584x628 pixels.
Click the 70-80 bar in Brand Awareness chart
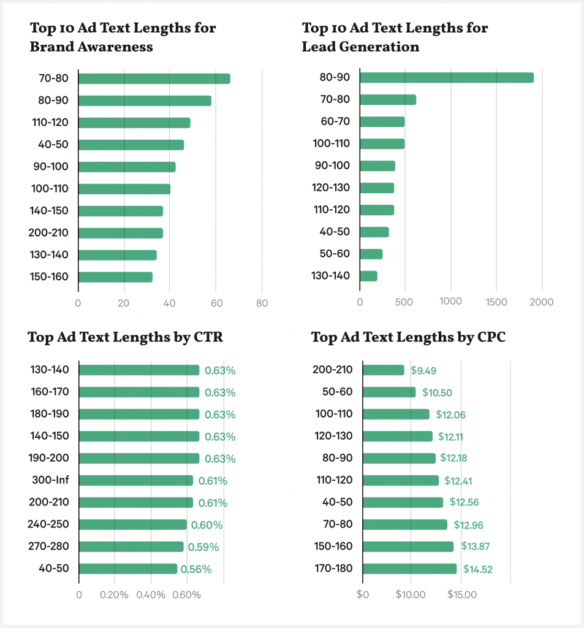[154, 78]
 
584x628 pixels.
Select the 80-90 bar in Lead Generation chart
[446, 78]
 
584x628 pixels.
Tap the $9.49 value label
[423, 370]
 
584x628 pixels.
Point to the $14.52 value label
[477, 569]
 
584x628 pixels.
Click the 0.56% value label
[195, 569]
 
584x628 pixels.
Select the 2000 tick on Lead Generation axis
[541, 302]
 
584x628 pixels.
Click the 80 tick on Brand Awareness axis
[262, 302]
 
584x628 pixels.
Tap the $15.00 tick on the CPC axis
[462, 594]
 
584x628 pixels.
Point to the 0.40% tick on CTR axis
[151, 594]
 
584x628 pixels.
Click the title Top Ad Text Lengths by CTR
[125, 337]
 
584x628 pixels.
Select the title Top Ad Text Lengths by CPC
[408, 337]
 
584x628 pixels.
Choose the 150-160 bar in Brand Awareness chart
[115, 277]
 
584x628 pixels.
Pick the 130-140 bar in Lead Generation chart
[368, 276]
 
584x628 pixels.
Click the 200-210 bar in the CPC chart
[384, 370]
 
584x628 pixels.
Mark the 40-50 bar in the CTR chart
[127, 569]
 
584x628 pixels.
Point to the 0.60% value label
[207, 525]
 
